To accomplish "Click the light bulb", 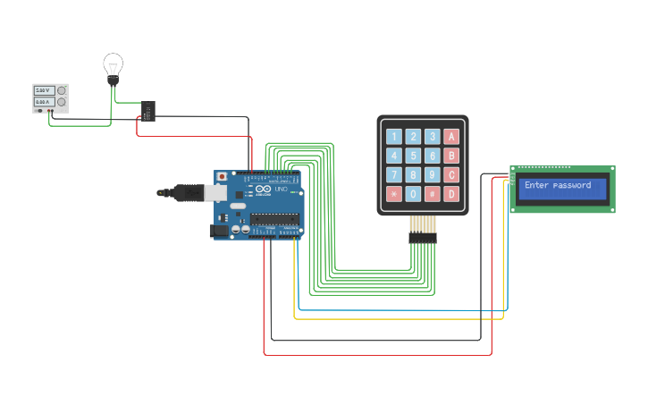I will tap(113, 66).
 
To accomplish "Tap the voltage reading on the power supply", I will tap(43, 90).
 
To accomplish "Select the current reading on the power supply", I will tap(43, 103).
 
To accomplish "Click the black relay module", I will tap(148, 111).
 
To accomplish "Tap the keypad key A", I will tap(451, 137).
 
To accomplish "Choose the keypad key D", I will tap(451, 194).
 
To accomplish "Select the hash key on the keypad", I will tap(433, 194).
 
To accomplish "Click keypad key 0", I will tap(413, 194).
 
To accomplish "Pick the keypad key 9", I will tap(433, 175).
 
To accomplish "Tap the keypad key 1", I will tap(394, 137).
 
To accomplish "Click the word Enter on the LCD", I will tap(536, 186).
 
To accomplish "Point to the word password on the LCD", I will tap(572, 186).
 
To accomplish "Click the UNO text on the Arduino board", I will tap(281, 190).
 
